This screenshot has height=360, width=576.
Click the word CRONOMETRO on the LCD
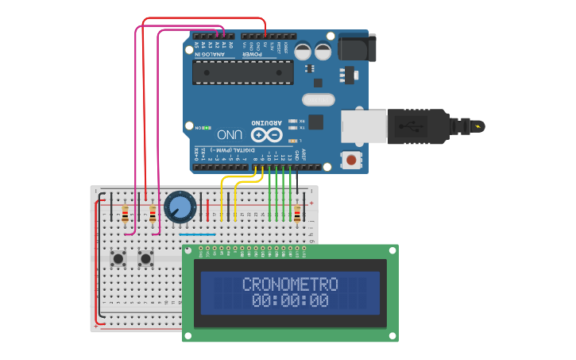(x=290, y=285)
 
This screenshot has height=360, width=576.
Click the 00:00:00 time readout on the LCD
(x=290, y=301)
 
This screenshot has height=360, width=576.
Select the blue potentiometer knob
(x=180, y=207)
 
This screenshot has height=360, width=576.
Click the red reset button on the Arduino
(x=351, y=161)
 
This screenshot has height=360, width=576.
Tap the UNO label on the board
(x=229, y=134)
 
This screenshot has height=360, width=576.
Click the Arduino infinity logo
(x=265, y=134)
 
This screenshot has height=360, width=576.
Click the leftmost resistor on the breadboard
(x=125, y=214)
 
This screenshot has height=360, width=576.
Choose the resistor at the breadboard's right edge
(x=298, y=214)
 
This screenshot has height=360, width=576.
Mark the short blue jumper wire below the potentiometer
(x=197, y=234)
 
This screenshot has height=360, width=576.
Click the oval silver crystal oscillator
(x=319, y=100)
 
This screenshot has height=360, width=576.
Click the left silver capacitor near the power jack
(x=303, y=52)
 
